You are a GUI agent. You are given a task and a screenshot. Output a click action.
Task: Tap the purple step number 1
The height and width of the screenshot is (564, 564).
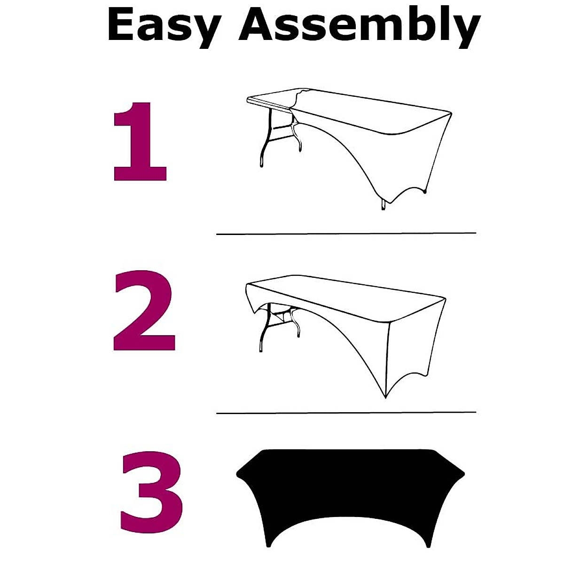coord(140,141)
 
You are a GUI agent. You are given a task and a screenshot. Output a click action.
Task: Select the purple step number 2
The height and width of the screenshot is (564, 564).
coord(144,310)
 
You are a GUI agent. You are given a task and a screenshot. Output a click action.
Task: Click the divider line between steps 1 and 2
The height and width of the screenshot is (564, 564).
coord(346,234)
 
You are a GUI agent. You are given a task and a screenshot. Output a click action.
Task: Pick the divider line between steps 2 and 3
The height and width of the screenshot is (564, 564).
coord(346,413)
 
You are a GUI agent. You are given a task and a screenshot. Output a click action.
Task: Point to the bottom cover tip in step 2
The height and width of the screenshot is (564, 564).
coord(385,397)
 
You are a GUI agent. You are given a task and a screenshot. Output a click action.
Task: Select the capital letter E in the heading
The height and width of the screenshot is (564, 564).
coord(121,24)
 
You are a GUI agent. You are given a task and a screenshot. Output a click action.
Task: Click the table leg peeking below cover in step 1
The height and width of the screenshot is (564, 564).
coord(383,205)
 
